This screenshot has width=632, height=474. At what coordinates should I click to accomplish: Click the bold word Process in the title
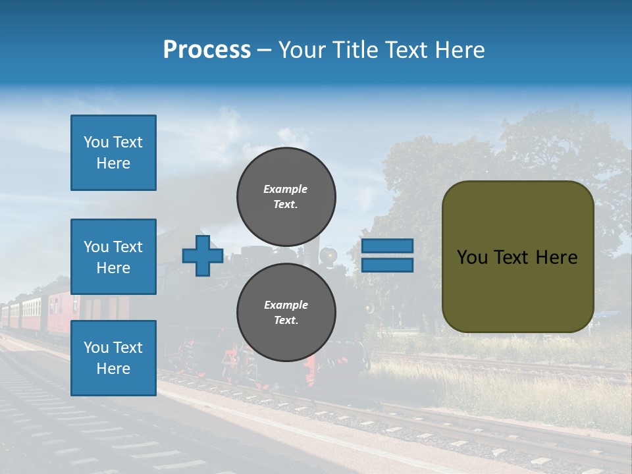coord(207,50)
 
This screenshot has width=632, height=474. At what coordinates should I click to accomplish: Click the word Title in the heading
coord(355,50)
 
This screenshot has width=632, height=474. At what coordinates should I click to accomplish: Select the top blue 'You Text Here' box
coord(113,153)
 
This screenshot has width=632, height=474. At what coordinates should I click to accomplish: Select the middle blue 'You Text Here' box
coord(113,257)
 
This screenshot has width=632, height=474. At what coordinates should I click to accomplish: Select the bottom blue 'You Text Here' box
coord(113,358)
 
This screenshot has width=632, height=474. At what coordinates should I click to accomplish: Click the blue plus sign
coord(203,255)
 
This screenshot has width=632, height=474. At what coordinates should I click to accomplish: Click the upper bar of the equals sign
coord(387,246)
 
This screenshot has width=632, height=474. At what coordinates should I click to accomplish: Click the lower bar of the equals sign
coord(387,265)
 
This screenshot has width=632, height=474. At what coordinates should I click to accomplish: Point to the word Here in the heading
coord(461,50)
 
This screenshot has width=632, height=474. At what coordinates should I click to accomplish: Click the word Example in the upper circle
coord(285,189)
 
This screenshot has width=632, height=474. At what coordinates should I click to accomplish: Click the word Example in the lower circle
coord(286,305)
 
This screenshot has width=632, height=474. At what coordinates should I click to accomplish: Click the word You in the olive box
coord(473,257)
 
